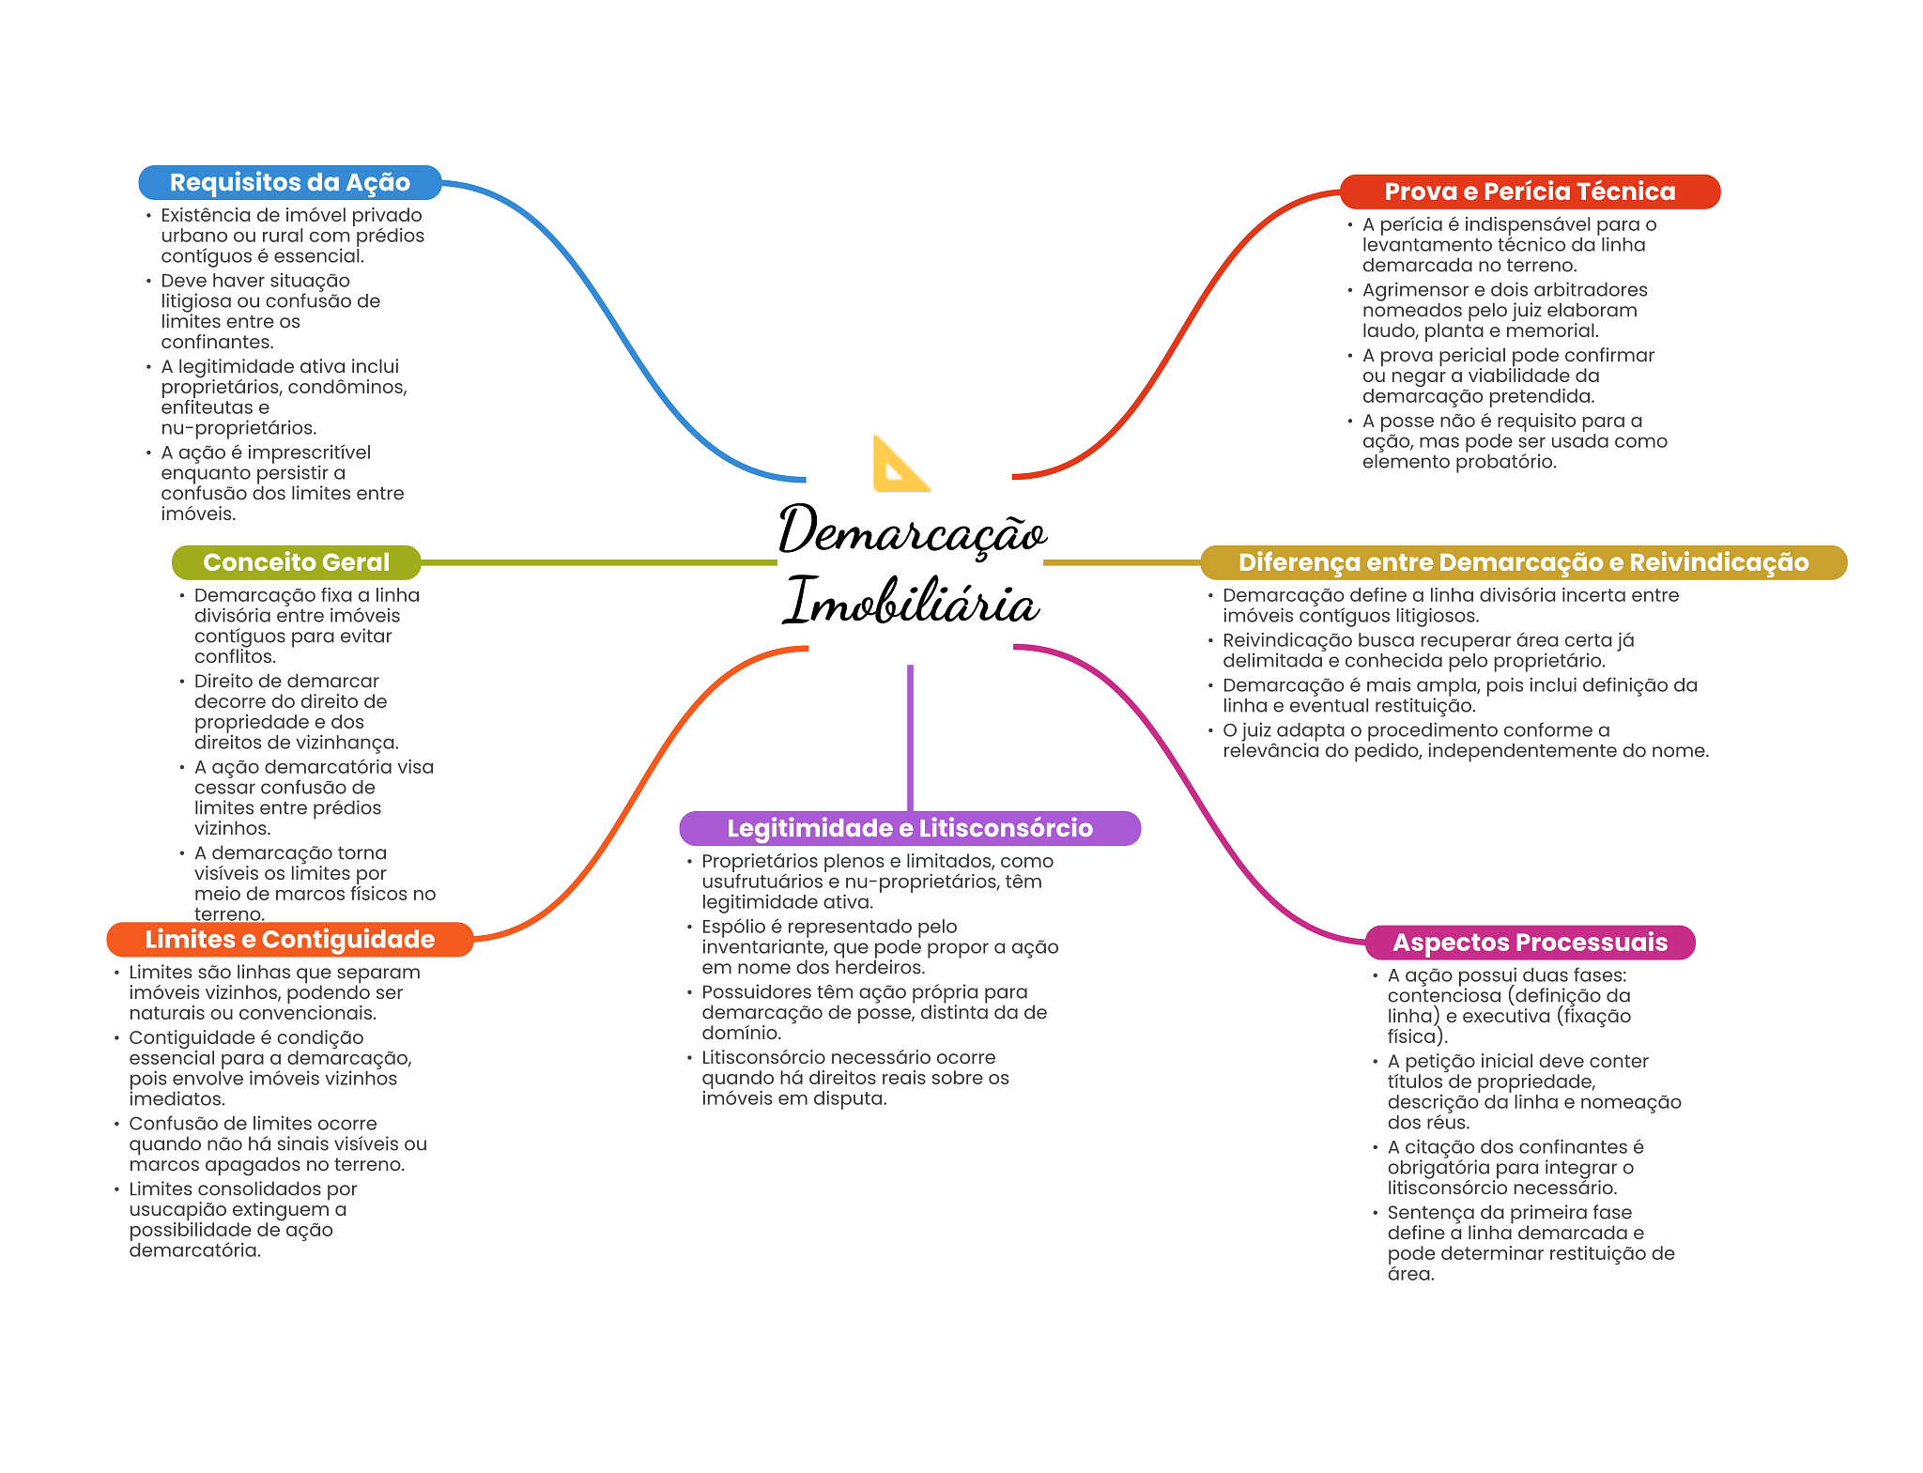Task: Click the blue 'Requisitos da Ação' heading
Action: pyautogui.click(x=289, y=182)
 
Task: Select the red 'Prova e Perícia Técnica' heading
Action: pyautogui.click(x=1530, y=192)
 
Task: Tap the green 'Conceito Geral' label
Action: pyautogui.click(x=296, y=562)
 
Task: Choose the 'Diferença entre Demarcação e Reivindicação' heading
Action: pyautogui.click(x=1523, y=562)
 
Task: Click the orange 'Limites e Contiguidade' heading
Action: pyautogui.click(x=289, y=940)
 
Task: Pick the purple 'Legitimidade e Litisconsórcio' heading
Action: pyautogui.click(x=910, y=828)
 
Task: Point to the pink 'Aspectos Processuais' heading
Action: pyautogui.click(x=1530, y=943)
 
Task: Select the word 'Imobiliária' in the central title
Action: pyautogui.click(x=912, y=601)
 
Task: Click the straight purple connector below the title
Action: pyautogui.click(x=910, y=738)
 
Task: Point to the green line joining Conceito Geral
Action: pyautogui.click(x=599, y=562)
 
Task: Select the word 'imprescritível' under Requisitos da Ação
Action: pyautogui.click(x=309, y=453)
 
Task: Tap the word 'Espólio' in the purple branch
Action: pyautogui.click(x=733, y=928)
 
